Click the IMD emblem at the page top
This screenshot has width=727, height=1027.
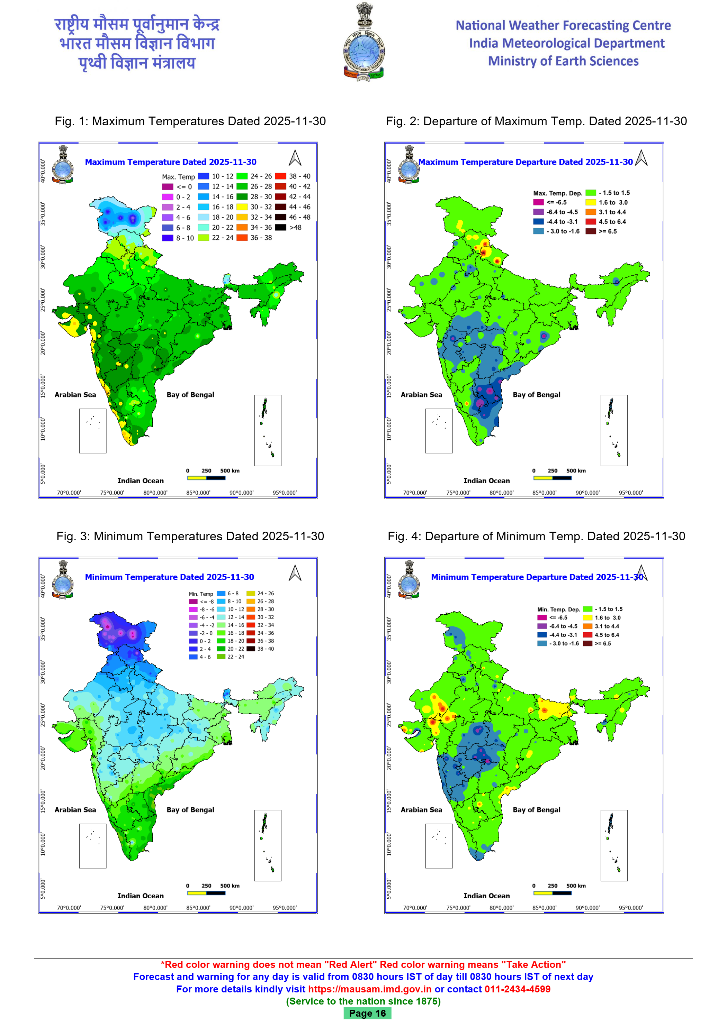(363, 43)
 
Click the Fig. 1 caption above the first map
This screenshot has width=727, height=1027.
(190, 121)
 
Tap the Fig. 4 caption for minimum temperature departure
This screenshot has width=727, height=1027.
(536, 536)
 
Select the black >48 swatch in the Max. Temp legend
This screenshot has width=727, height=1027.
(281, 227)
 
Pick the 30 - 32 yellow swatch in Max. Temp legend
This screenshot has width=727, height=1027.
(242, 207)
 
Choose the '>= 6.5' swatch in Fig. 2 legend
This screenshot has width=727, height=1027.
(591, 231)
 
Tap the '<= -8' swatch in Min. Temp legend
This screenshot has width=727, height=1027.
(193, 602)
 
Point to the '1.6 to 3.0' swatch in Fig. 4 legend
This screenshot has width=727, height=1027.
(587, 618)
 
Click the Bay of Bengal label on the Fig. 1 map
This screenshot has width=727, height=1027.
(190, 395)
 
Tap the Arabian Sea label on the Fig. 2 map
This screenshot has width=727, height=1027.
(421, 395)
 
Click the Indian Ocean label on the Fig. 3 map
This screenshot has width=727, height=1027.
(141, 896)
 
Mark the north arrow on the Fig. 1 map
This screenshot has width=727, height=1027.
(295, 158)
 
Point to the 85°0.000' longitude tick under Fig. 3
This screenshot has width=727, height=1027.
(198, 908)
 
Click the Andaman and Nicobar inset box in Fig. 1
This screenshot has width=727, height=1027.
(268, 430)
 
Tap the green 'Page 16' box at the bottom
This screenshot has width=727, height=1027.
(367, 1013)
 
